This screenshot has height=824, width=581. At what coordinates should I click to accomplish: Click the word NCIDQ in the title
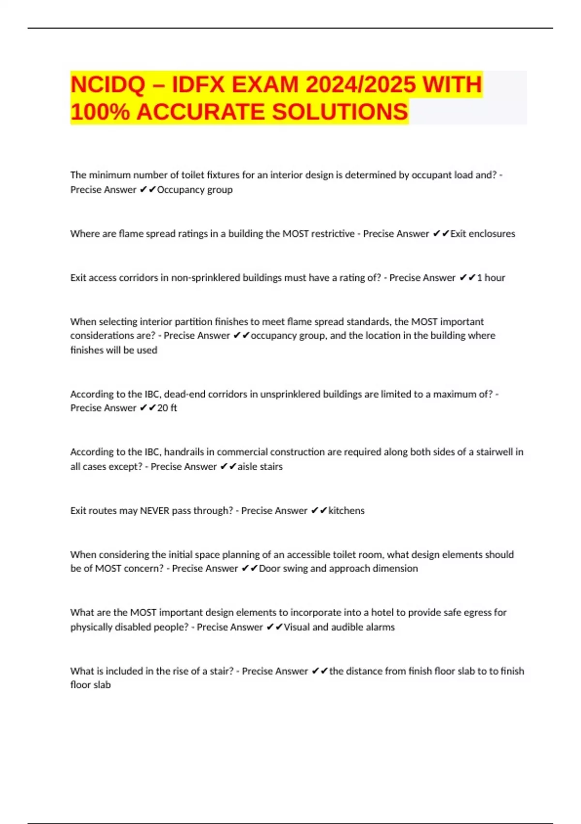[x=107, y=85]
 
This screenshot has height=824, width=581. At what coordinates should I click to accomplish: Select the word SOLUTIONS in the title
[x=340, y=112]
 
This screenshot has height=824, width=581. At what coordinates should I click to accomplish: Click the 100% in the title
[x=100, y=112]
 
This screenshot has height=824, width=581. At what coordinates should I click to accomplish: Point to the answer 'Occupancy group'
[x=195, y=190]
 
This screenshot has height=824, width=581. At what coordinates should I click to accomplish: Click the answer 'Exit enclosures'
[x=483, y=234]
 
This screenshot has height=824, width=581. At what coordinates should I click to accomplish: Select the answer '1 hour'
[x=491, y=278]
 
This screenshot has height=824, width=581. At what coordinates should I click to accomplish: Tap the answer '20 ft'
[x=167, y=408]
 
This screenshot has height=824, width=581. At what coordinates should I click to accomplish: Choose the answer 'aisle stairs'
[x=260, y=467]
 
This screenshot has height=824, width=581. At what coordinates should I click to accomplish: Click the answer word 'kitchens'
[x=346, y=510]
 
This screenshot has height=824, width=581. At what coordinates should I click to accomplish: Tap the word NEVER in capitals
[x=154, y=510]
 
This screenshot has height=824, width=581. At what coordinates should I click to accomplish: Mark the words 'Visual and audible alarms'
[x=339, y=627]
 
